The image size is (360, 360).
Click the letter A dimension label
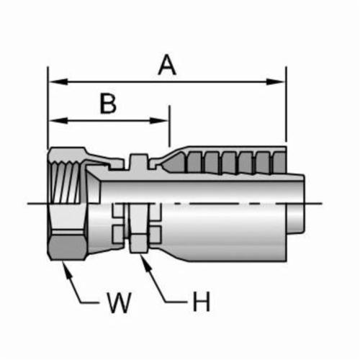167,65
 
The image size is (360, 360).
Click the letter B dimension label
108,104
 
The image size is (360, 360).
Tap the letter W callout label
119,302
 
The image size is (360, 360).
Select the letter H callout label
202,302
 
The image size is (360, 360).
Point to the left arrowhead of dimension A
58,81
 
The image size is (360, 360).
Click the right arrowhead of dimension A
276,81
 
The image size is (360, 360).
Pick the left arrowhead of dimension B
58,120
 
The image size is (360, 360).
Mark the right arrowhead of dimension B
159,120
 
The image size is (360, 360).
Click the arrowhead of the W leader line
67,269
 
